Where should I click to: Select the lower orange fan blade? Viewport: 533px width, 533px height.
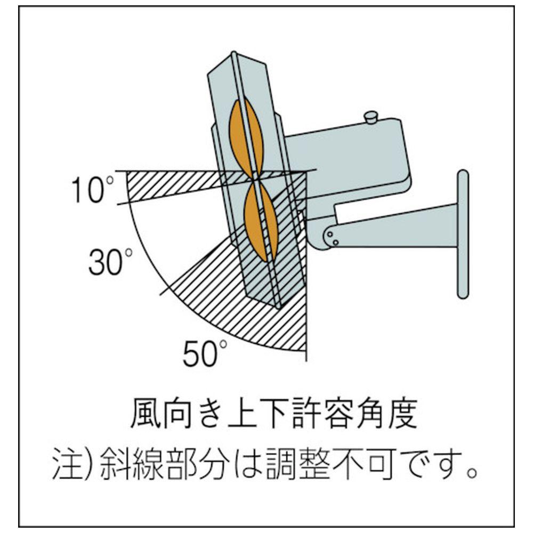[x=261, y=222]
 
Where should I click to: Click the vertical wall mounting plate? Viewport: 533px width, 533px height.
[x=463, y=234]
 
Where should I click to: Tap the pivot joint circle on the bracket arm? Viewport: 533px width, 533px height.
[x=330, y=234]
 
